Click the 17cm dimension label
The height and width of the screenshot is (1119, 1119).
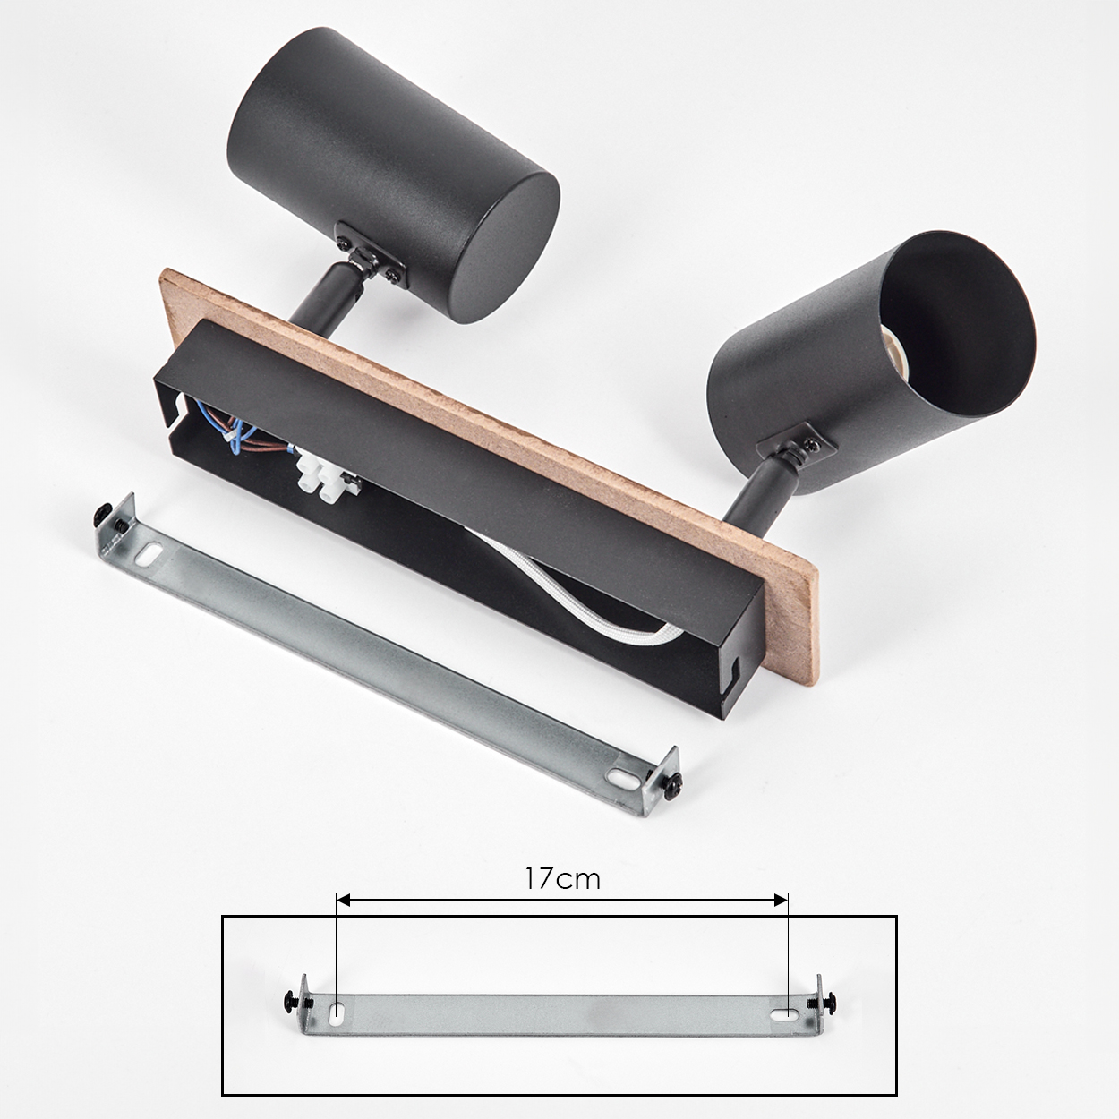tap(562, 879)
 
